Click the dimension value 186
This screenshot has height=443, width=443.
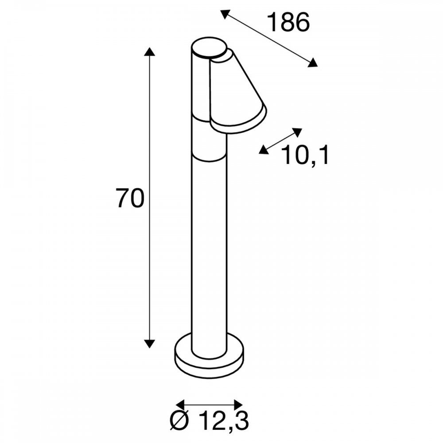288,22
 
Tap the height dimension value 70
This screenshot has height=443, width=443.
130,198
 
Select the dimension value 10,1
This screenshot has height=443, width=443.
305,155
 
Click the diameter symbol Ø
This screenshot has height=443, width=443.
179,421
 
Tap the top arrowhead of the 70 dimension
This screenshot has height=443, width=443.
149,52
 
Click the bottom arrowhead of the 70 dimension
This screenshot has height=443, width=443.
149,344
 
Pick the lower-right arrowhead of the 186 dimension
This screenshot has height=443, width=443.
313,62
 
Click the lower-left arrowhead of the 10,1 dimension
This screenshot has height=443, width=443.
263,150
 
